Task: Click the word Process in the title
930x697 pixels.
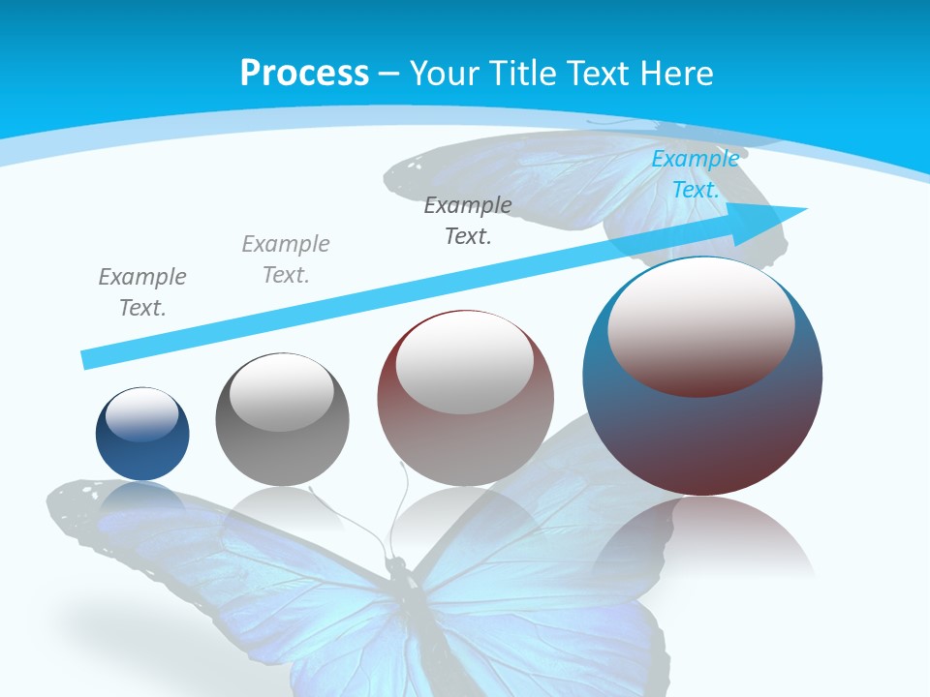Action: pyautogui.click(x=304, y=74)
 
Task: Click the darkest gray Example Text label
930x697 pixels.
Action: pyautogui.click(x=468, y=220)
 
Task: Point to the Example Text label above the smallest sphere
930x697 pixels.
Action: pyautogui.click(x=142, y=291)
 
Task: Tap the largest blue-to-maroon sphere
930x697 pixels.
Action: pyautogui.click(x=702, y=436)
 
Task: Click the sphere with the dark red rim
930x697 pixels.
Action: pyautogui.click(x=465, y=436)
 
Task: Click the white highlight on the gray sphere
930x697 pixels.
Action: pyautogui.click(x=281, y=391)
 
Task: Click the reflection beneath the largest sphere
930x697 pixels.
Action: pyautogui.click(x=702, y=537)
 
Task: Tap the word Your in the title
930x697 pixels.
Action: pyautogui.click(x=446, y=74)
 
